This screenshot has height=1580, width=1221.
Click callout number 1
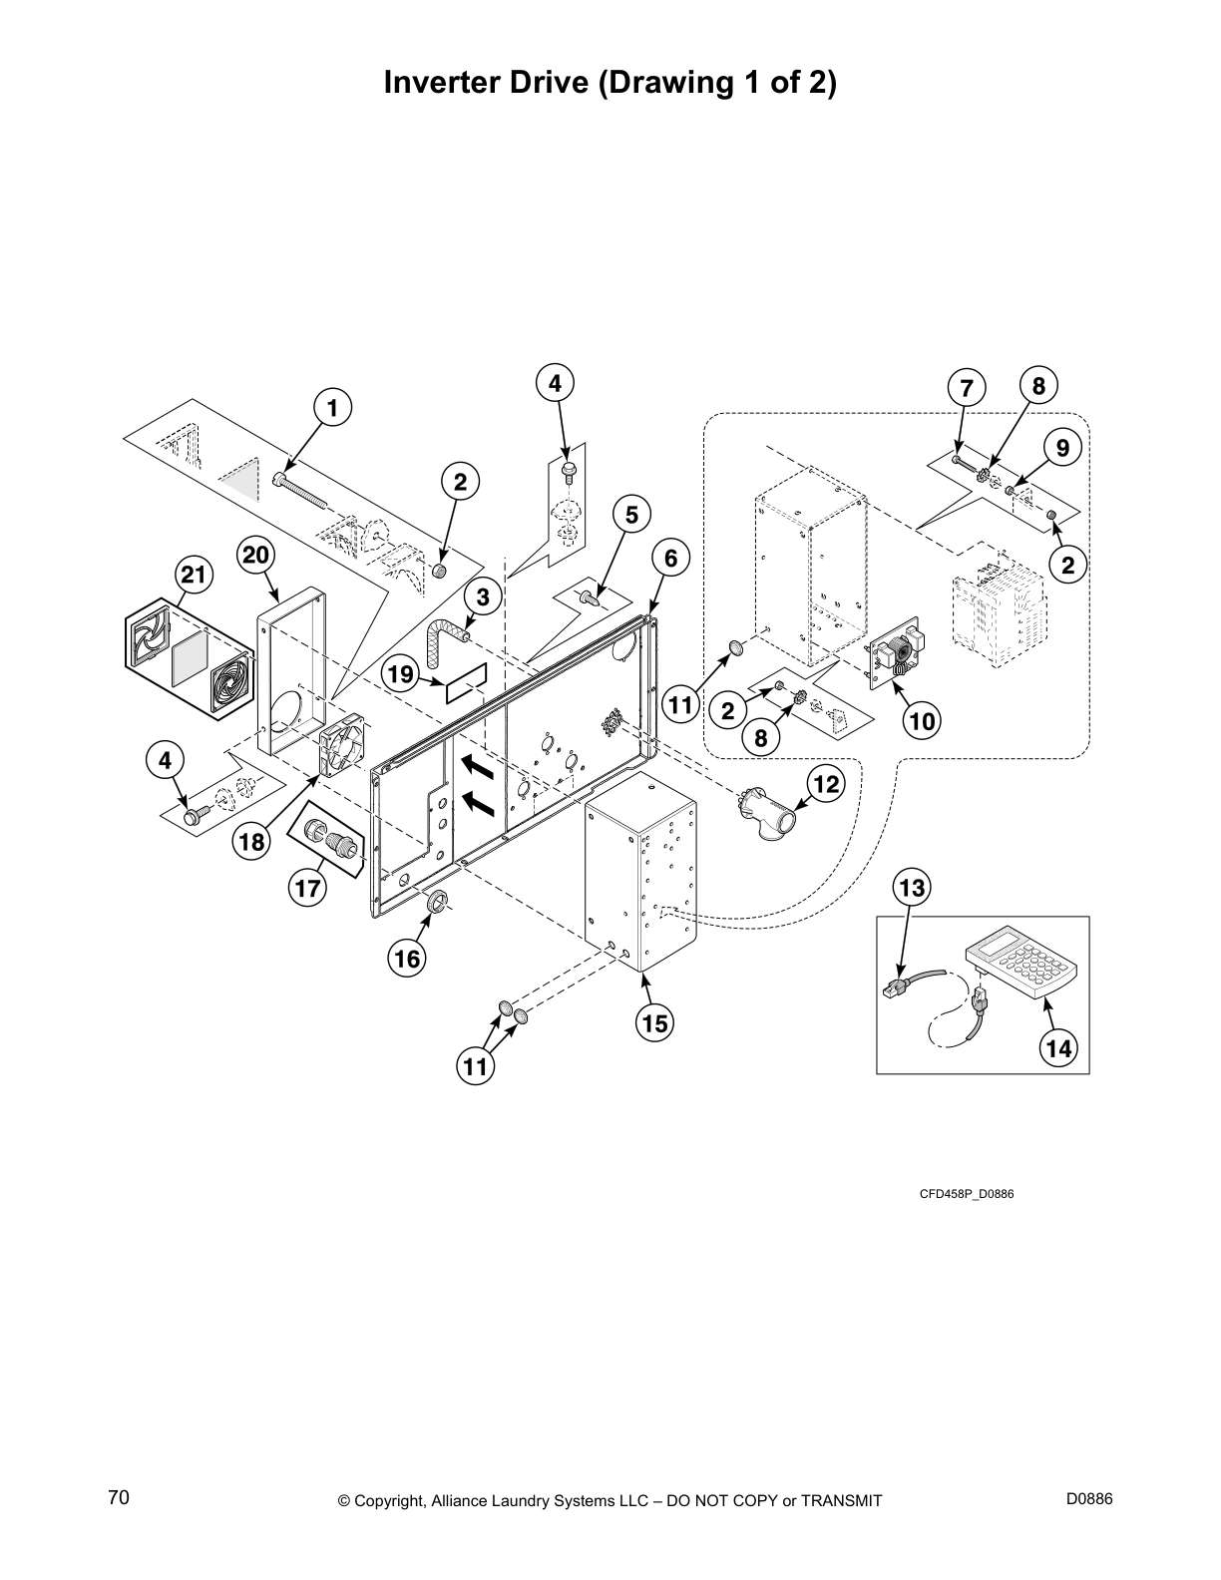click(333, 408)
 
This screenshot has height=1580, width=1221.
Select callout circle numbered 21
click(196, 575)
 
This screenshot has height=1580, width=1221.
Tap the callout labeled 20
click(257, 555)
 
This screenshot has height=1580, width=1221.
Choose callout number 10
click(923, 719)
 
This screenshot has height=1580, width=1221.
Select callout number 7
click(966, 386)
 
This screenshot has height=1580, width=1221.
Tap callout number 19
click(400, 675)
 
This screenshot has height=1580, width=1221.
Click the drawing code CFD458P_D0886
click(966, 1194)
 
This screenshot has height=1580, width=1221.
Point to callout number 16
click(407, 959)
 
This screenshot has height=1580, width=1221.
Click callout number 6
click(670, 559)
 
